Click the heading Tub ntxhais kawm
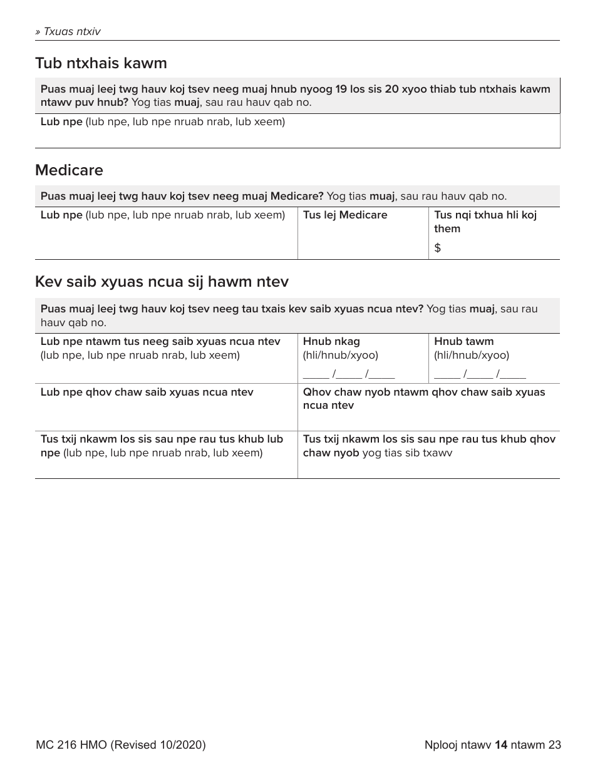[101, 63]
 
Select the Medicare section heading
[69, 170]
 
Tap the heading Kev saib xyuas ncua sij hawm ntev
[162, 282]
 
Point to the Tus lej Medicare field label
[344, 215]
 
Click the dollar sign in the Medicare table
[437, 248]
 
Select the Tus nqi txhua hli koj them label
[485, 222]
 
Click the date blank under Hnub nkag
[348, 374]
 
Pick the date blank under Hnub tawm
[479, 374]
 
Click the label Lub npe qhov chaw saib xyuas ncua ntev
[147, 392]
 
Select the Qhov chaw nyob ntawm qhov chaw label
[423, 398]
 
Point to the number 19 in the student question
[341, 89]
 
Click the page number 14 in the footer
[500, 745]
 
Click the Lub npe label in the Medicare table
[61, 215]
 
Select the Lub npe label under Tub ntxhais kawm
[61, 121]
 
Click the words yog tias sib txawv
[407, 453]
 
